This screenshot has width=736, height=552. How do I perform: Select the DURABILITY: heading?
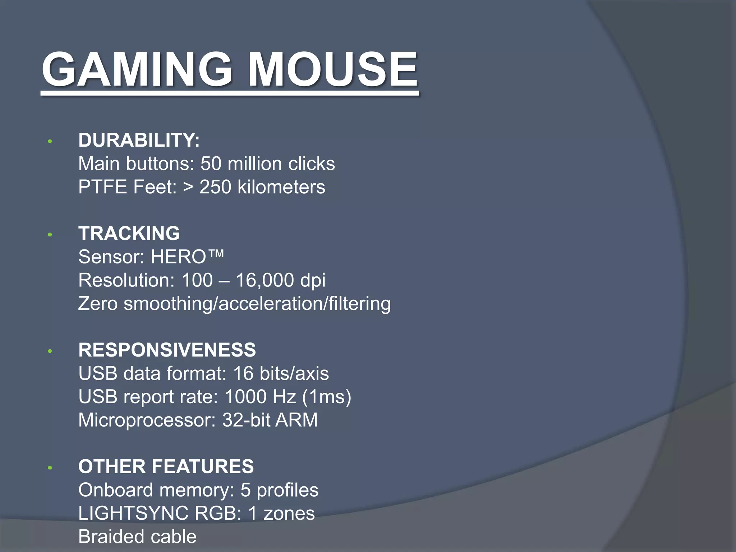tap(139, 140)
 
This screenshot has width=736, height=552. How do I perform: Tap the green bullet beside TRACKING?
tap(50, 235)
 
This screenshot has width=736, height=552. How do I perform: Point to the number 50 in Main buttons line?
tap(211, 164)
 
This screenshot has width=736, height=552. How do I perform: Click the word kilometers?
tap(281, 187)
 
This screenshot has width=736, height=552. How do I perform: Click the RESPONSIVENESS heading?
tap(167, 350)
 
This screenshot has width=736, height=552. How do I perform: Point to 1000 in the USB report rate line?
tap(245, 397)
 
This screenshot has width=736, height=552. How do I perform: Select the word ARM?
tap(296, 420)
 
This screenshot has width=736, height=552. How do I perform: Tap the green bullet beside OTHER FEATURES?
tap(50, 468)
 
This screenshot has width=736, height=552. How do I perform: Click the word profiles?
tap(287, 490)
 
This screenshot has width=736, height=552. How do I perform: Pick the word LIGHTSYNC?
tap(133, 513)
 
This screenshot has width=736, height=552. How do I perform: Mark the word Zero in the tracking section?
tap(98, 304)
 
